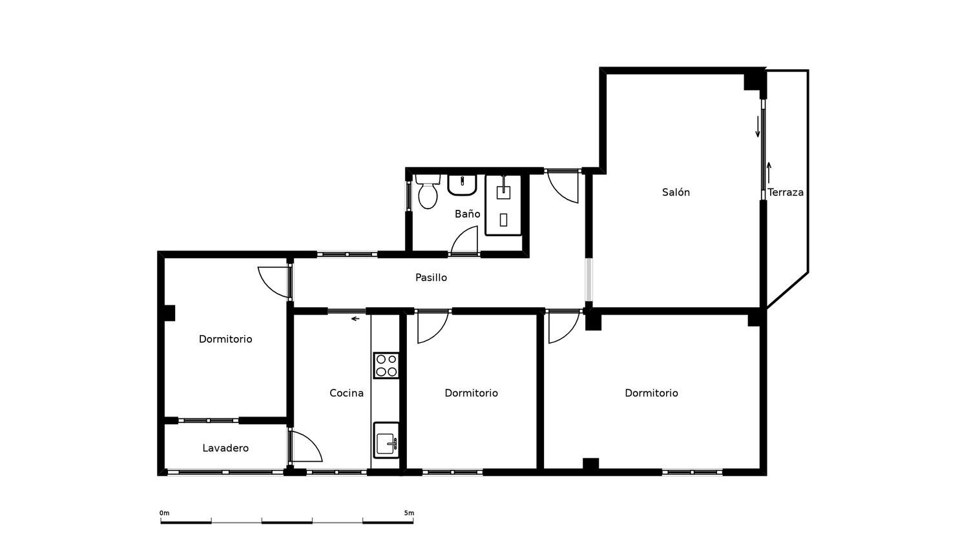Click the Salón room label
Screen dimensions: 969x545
676,192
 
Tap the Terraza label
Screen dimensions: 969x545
786,192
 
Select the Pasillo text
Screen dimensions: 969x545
431,278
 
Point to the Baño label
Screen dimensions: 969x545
467,214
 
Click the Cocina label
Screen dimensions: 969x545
346,393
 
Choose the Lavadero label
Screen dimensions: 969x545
225,448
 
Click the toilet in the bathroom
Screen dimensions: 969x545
428,192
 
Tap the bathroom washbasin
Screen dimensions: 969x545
462,185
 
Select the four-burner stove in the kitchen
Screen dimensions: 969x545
386,365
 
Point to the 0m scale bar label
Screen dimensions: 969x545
164,513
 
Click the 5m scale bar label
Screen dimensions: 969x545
409,513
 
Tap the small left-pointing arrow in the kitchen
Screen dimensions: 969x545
355,319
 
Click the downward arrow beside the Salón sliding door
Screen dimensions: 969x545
758,127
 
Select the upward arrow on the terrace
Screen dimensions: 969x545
769,172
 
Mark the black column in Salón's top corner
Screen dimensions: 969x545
753,81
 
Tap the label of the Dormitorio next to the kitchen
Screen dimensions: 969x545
471,393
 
